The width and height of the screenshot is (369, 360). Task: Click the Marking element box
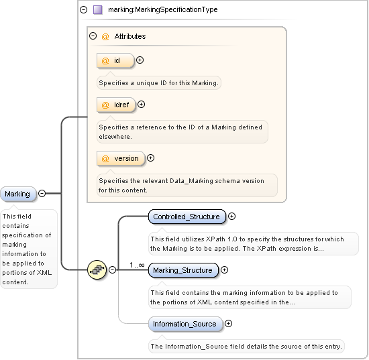(x=18, y=194)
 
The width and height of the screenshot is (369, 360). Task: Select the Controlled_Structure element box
(x=186, y=217)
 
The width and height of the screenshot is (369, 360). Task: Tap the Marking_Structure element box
(x=182, y=270)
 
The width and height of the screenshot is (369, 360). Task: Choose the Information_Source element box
(x=184, y=324)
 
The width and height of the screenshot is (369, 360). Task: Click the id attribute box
(x=115, y=60)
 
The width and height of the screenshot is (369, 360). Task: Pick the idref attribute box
(x=116, y=105)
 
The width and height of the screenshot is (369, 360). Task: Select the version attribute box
(x=121, y=158)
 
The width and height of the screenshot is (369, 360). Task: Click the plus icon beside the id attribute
(x=140, y=60)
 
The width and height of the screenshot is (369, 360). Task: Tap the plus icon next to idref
(x=142, y=105)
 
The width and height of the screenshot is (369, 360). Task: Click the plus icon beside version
(x=150, y=158)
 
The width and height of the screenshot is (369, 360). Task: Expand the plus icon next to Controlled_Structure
(x=232, y=217)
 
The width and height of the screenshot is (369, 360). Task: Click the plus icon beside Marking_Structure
(x=225, y=270)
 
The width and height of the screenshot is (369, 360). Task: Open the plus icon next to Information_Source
(x=229, y=324)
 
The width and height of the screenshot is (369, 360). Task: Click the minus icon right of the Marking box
(x=42, y=194)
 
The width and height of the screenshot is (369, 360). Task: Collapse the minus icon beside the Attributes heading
(x=93, y=36)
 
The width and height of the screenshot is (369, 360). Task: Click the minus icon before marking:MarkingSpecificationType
(x=83, y=10)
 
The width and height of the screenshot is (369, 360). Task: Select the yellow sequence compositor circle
(x=97, y=269)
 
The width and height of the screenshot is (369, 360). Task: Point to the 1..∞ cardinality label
(x=138, y=265)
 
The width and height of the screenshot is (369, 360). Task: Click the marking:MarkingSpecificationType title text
(x=162, y=10)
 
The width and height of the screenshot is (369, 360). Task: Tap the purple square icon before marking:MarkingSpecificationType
(x=98, y=10)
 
